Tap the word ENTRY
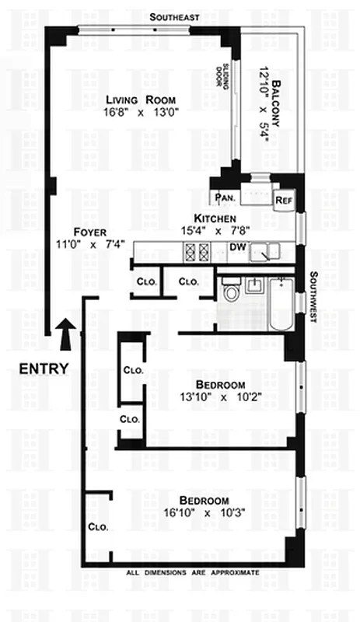(44, 369)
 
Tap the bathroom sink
(253, 285)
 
